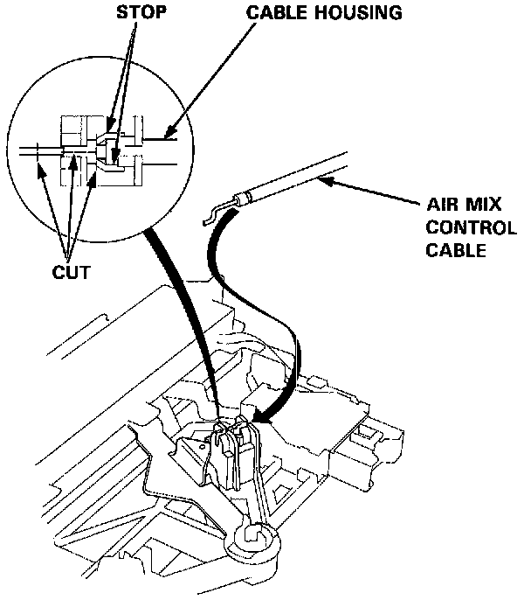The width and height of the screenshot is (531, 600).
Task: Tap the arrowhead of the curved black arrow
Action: tap(262, 421)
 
